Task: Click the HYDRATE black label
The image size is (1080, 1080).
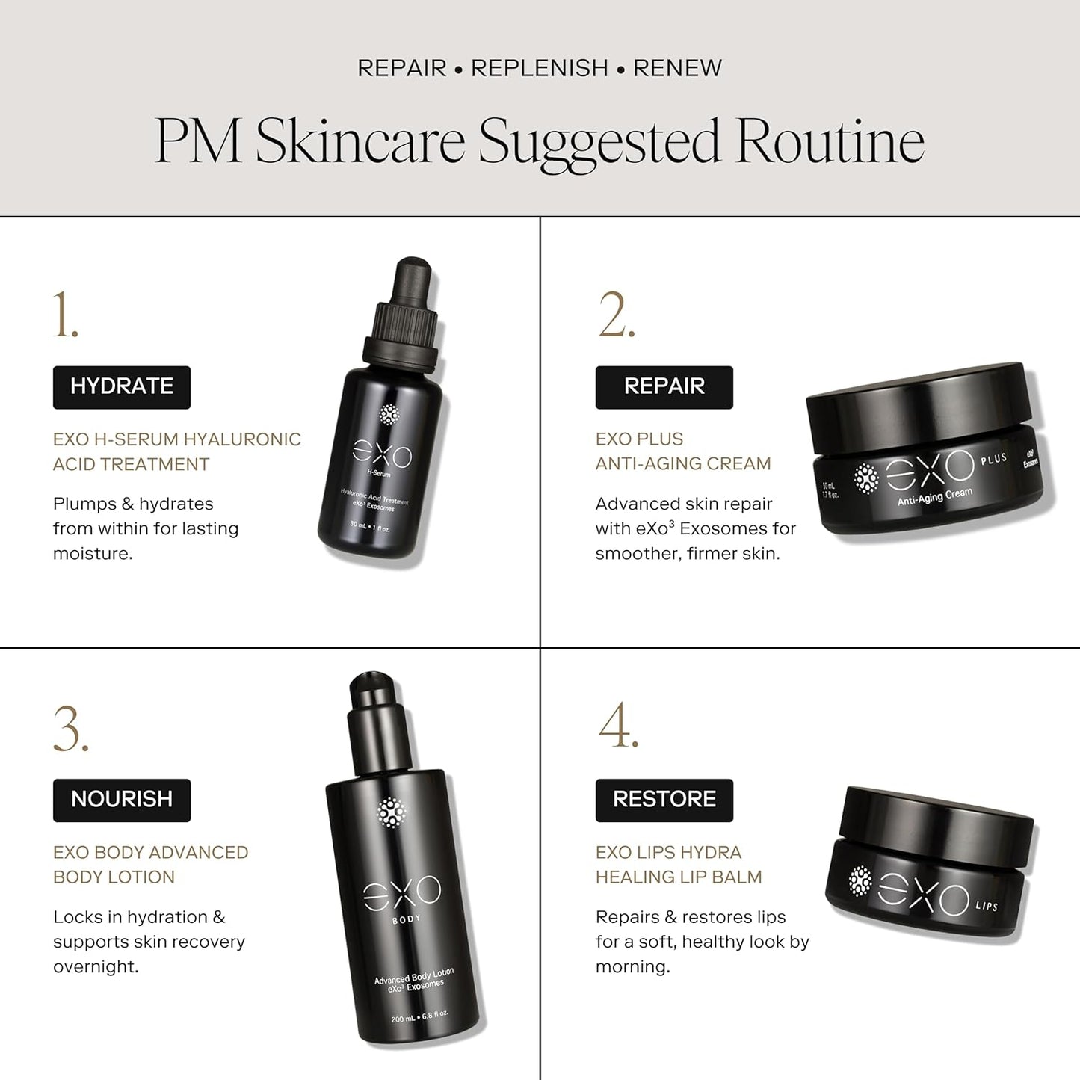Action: tap(122, 387)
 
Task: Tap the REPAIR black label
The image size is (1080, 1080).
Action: tap(664, 387)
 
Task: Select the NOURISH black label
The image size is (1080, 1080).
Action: tap(122, 800)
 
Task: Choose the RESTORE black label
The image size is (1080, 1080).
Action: tap(664, 800)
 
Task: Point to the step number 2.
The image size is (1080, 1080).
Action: tap(617, 315)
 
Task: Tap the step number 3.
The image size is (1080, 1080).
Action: tap(71, 729)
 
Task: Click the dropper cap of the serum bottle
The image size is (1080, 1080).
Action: tap(407, 314)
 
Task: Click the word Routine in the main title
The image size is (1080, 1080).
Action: tap(830, 142)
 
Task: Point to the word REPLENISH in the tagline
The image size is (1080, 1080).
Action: tap(540, 68)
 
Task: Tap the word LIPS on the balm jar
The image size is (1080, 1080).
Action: tap(987, 907)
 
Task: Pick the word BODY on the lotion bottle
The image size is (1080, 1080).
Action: tap(407, 919)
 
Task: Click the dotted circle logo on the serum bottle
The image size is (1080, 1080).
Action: tap(390, 415)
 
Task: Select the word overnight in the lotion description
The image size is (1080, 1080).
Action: tap(96, 966)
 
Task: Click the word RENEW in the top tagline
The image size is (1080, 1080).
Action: tap(677, 68)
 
